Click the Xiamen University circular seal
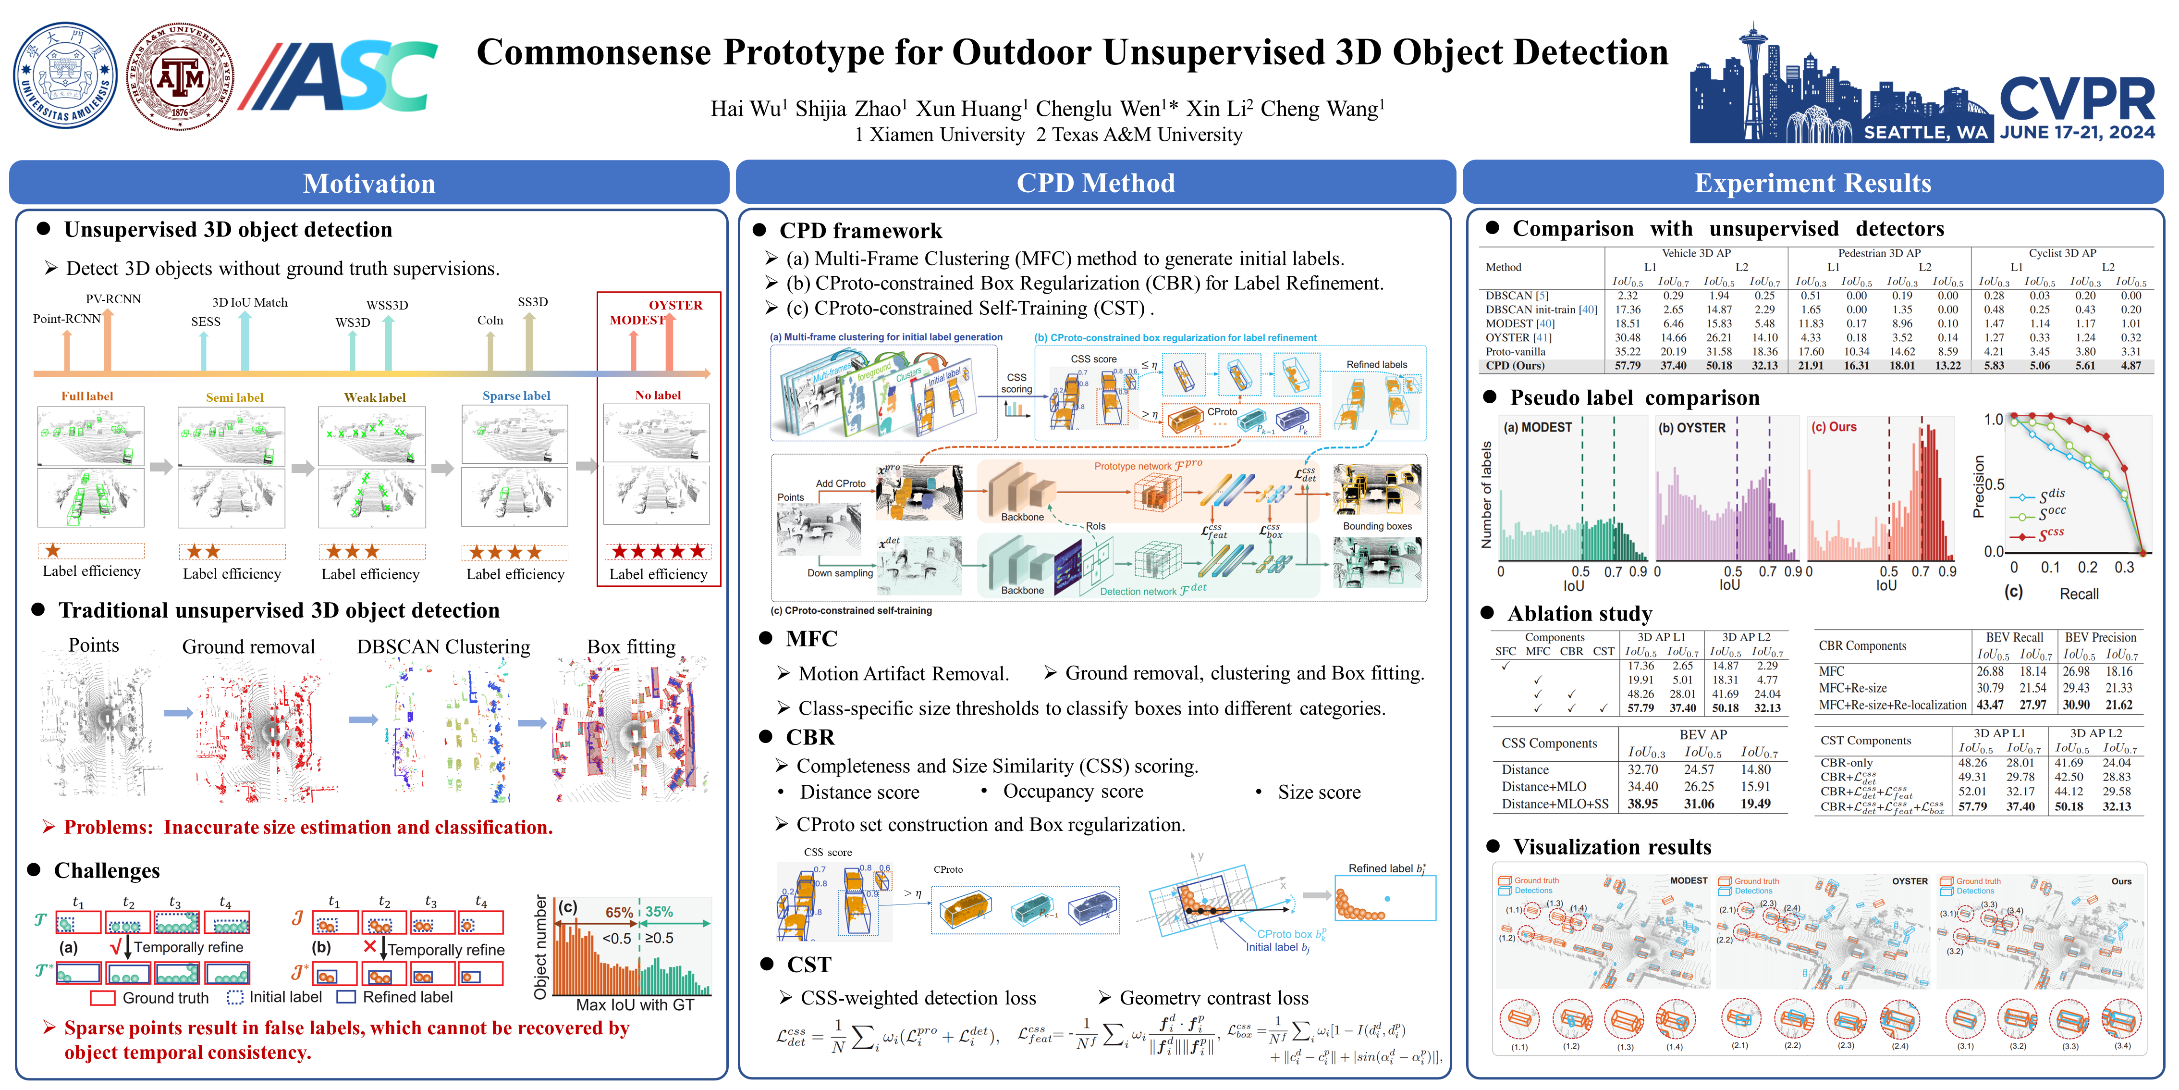pos(66,75)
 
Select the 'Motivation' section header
pos(369,183)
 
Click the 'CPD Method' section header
pos(1095,183)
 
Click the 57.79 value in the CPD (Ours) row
pos(1628,366)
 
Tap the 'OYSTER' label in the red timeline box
pos(675,305)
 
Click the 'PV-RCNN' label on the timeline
pos(113,299)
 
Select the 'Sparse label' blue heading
pos(516,395)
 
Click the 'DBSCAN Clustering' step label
pos(443,646)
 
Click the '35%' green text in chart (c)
pos(659,911)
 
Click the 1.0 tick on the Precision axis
pos(1993,420)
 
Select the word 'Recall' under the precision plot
pos(2078,594)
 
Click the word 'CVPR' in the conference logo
pos(2077,100)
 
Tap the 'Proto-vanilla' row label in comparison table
pos(1515,351)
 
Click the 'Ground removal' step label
pos(249,646)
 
